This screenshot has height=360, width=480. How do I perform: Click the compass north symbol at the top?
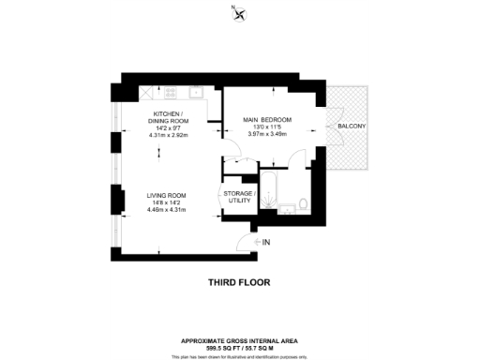pyautogui.click(x=241, y=13)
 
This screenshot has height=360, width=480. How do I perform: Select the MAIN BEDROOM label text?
pyautogui.click(x=267, y=120)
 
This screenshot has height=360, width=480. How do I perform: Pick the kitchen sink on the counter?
pyautogui.click(x=198, y=91)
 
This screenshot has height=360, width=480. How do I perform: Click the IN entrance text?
pyautogui.click(x=267, y=242)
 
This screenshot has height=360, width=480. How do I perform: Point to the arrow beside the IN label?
pyautogui.click(x=256, y=242)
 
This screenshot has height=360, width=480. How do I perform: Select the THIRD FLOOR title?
pyautogui.click(x=239, y=281)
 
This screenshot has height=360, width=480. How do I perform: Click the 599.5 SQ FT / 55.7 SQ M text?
pyautogui.click(x=239, y=346)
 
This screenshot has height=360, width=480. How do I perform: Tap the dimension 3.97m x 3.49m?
pyautogui.click(x=267, y=133)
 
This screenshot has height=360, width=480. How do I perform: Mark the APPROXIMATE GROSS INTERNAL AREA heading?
pyautogui.click(x=239, y=339)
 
